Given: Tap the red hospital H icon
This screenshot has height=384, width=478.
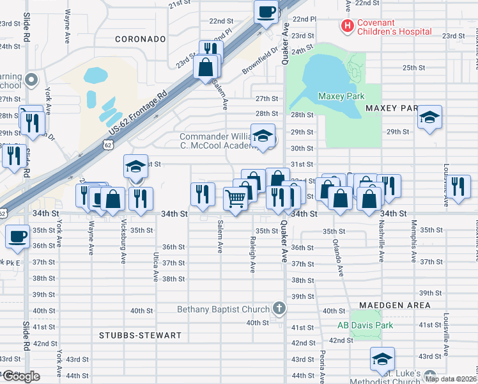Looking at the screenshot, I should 347,26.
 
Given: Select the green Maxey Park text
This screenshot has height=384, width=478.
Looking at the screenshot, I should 341,97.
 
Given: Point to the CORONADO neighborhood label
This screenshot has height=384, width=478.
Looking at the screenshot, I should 141,39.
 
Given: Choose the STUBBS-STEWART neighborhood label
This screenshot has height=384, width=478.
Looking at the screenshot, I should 141,335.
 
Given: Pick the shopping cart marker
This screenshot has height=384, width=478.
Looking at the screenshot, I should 235,200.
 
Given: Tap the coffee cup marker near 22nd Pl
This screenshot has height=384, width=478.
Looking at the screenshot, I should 266,12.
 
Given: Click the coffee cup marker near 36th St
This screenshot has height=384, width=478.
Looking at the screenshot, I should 17,236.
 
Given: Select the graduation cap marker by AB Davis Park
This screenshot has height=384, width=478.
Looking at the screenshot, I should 382,358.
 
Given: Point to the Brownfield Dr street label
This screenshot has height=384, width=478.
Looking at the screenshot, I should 260,61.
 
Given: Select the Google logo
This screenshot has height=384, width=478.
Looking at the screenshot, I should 22,376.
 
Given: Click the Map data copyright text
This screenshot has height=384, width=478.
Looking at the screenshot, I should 451,379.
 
